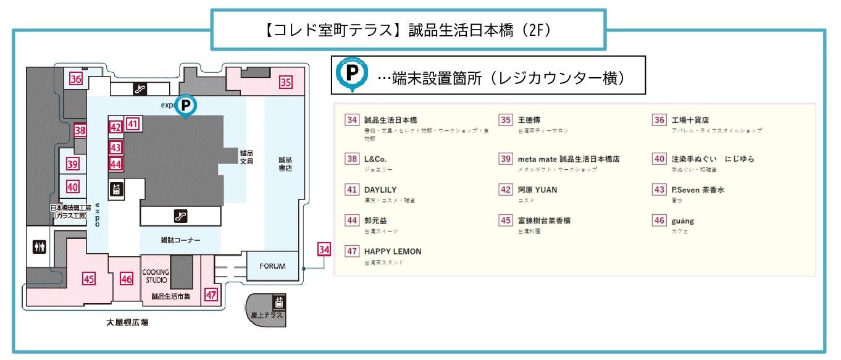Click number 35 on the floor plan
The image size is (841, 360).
pyautogui.click(x=285, y=82)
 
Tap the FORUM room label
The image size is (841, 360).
pyautogui.click(x=272, y=266)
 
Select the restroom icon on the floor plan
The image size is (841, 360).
pyautogui.click(x=40, y=246)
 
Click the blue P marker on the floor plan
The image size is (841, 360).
pyautogui.click(x=186, y=105)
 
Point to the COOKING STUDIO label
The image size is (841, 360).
pyautogui.click(x=156, y=276)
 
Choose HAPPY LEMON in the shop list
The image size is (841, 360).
pyautogui.click(x=393, y=251)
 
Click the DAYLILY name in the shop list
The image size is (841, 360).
pyautogui.click(x=380, y=190)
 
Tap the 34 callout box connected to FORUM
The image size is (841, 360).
pyautogui.click(x=324, y=250)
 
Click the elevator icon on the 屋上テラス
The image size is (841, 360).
pyautogui.click(x=279, y=302)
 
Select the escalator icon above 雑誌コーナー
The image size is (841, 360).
pyautogui.click(x=180, y=216)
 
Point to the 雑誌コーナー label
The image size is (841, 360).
pyautogui.click(x=180, y=240)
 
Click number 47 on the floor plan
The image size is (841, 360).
pyautogui.click(x=211, y=295)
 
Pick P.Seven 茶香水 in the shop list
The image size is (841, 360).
pyautogui.click(x=697, y=190)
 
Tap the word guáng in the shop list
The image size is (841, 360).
pyautogui.click(x=682, y=220)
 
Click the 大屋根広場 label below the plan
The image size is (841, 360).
pyautogui.click(x=127, y=322)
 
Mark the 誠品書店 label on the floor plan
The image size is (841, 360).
pyautogui.click(x=285, y=164)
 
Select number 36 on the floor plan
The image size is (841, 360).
pyautogui.click(x=76, y=78)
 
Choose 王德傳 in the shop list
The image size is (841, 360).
pyautogui.click(x=530, y=120)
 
